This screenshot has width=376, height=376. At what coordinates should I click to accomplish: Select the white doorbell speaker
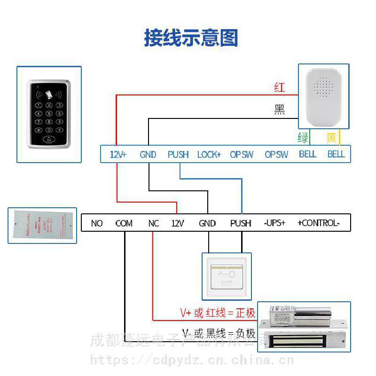[x=325, y=96]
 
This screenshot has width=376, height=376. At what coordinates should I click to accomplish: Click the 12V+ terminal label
[x=118, y=154]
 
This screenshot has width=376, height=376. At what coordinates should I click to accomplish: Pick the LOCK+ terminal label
[x=209, y=154]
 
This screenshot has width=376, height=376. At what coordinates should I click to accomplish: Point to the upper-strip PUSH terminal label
[x=178, y=154]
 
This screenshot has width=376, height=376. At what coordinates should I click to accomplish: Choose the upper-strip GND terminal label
[x=148, y=154]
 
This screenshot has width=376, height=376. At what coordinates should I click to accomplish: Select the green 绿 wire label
[x=303, y=138]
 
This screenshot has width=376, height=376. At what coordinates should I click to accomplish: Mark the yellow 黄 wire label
[x=332, y=138]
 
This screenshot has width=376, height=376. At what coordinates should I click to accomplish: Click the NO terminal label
[x=97, y=223]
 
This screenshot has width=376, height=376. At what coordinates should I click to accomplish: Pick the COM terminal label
[x=124, y=223]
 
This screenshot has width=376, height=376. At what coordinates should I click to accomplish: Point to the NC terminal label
[x=154, y=223]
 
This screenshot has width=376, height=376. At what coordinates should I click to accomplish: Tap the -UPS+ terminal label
[x=274, y=223]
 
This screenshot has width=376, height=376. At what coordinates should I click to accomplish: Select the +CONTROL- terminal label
[x=318, y=223]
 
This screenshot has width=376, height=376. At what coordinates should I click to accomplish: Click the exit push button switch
[x=227, y=276]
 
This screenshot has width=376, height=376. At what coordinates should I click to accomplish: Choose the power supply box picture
[x=42, y=226]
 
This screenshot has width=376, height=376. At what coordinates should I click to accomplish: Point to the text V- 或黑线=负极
[x=219, y=334]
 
